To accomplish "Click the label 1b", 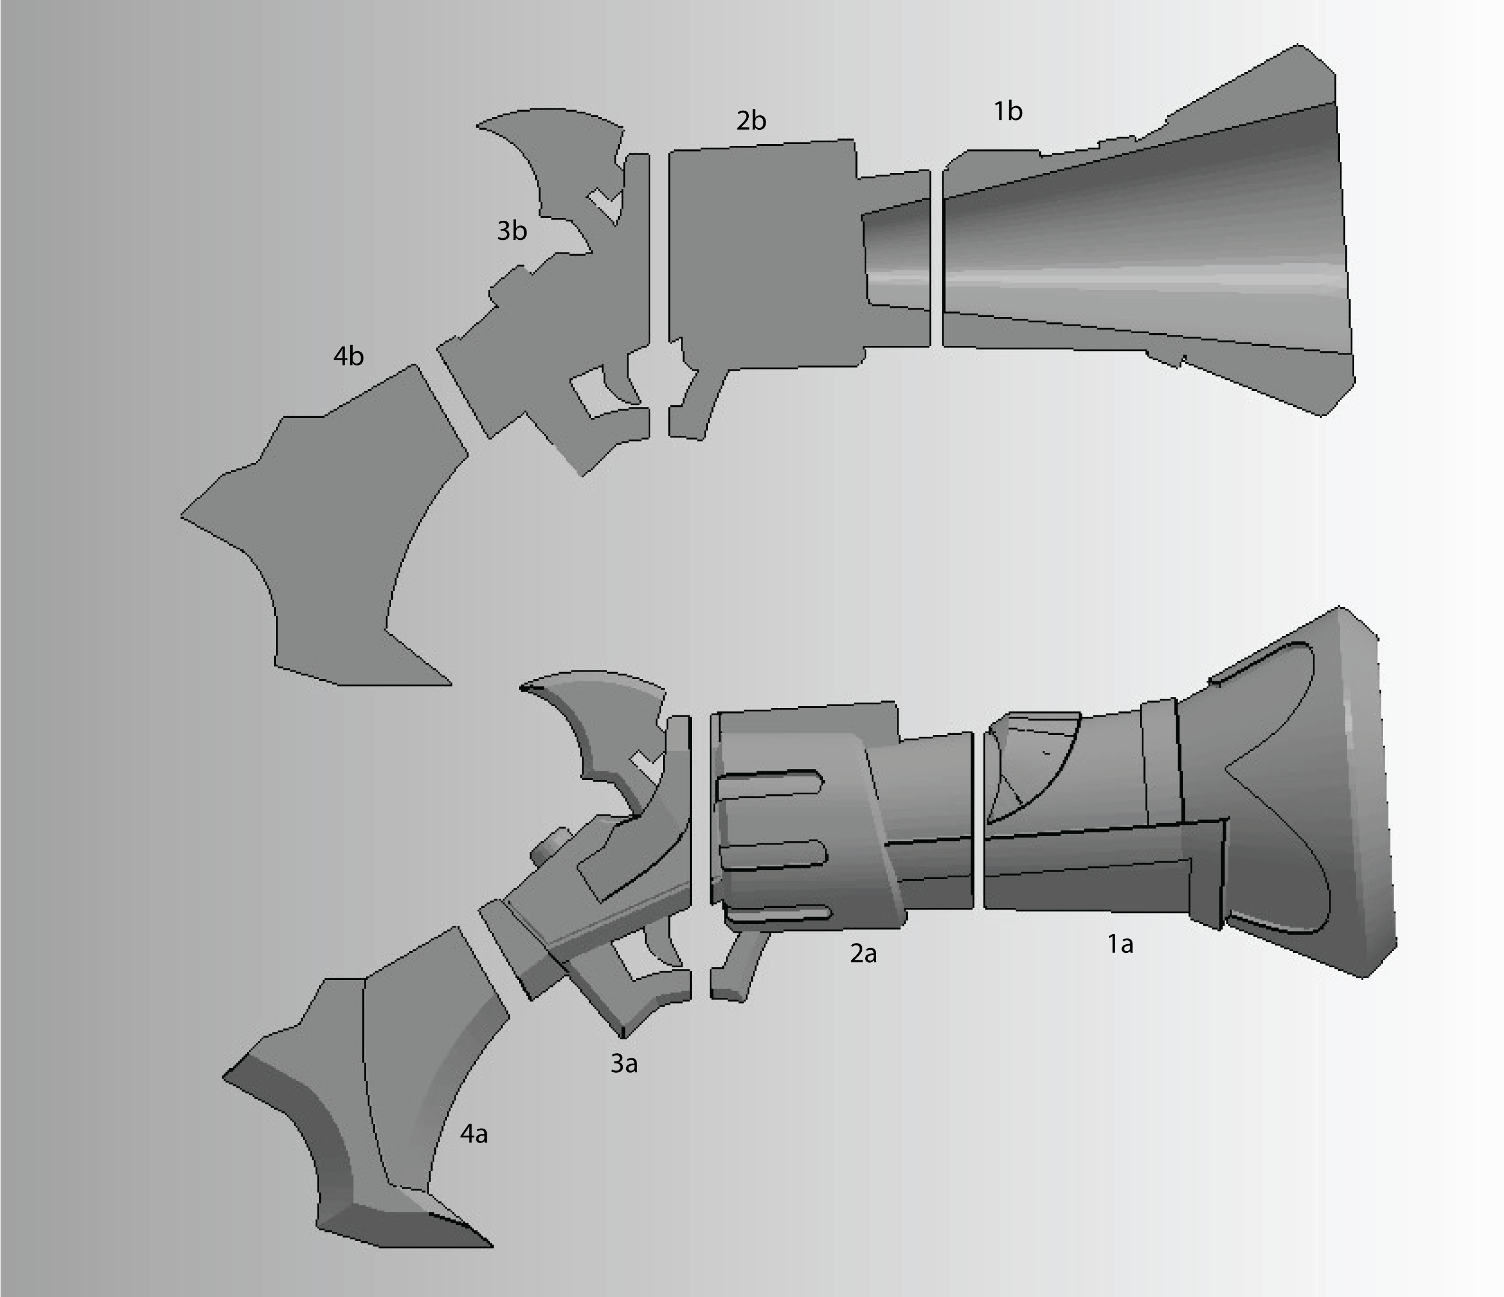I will click(1007, 111).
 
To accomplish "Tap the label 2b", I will click(751, 120).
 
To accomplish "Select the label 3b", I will click(511, 231).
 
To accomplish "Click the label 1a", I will click(1119, 944).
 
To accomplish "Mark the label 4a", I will click(473, 1134).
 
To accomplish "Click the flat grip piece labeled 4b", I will click(334, 537).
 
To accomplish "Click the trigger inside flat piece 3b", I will click(624, 378).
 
